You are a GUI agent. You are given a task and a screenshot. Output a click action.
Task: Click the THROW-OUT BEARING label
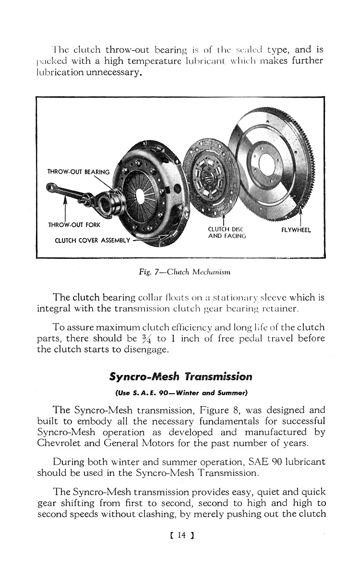coord(79,172)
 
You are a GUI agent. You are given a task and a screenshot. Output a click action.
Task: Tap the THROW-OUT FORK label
coord(73,224)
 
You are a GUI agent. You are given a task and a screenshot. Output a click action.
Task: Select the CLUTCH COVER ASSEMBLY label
coord(89,240)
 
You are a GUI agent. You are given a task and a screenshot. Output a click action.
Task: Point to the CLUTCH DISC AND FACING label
coord(227,233)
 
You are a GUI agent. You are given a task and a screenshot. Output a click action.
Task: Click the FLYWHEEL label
coord(296,230)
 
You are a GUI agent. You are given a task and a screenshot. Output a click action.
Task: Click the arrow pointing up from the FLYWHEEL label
coord(300,211)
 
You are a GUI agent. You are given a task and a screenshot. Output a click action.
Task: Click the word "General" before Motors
coord(115,443)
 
